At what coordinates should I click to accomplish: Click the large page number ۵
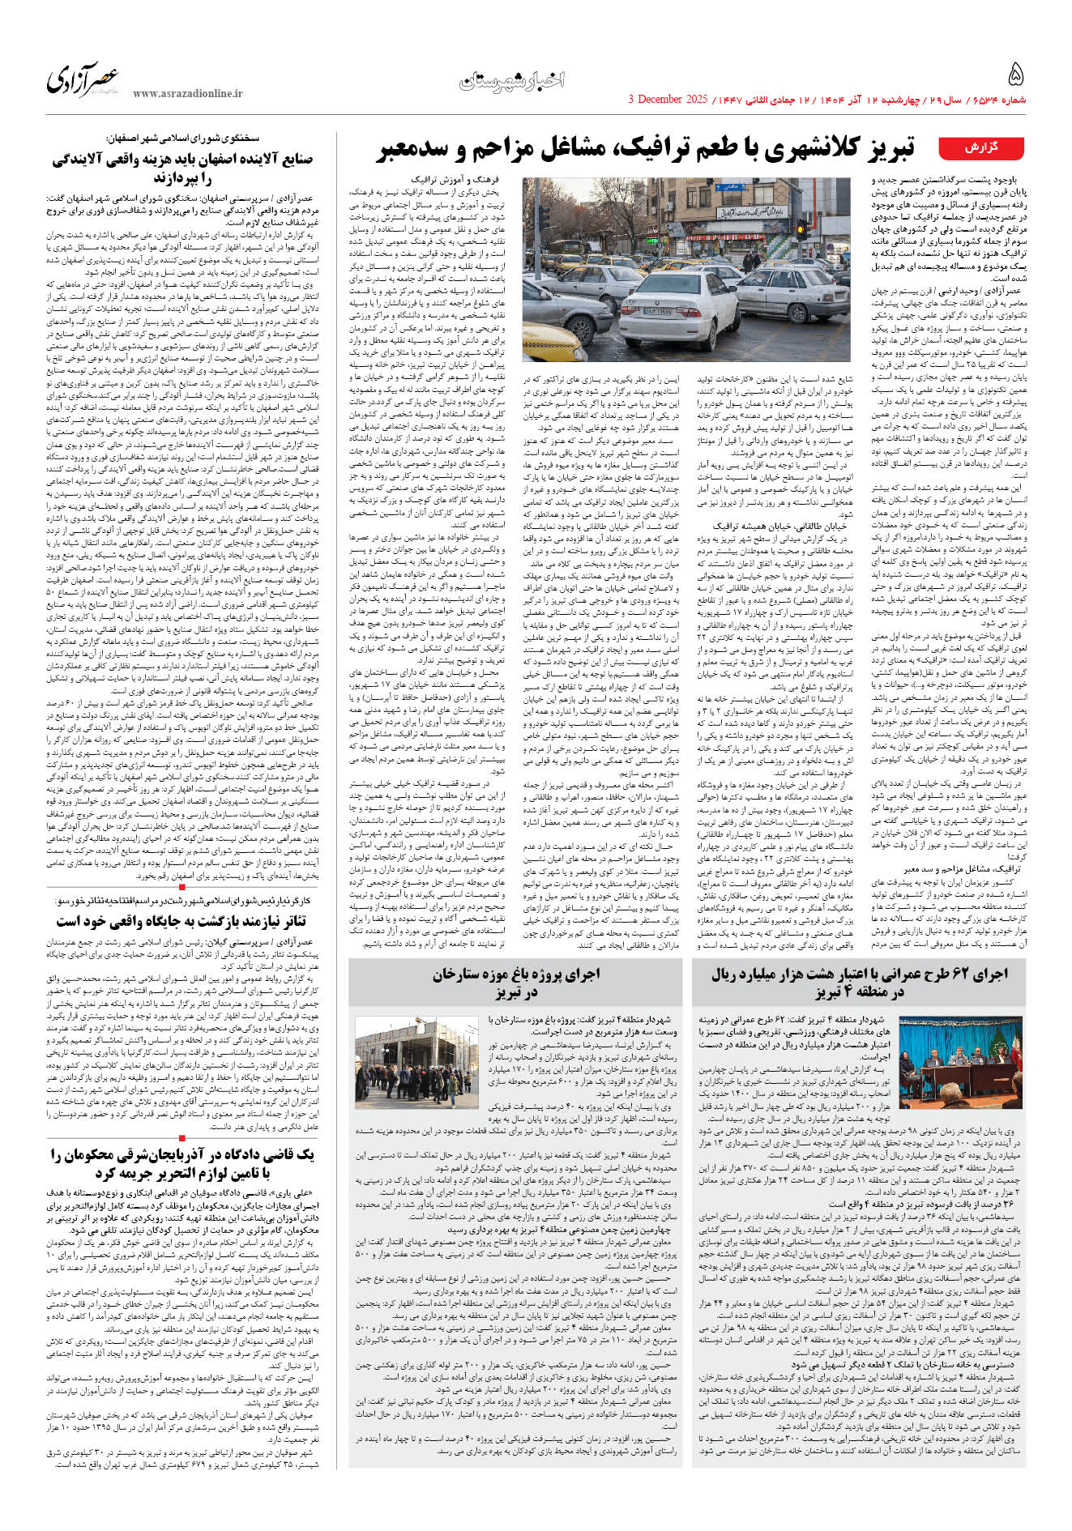point(1015,75)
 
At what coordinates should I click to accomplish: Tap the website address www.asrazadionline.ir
point(187,94)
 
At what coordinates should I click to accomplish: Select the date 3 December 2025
point(668,100)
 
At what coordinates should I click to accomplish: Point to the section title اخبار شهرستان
point(511,80)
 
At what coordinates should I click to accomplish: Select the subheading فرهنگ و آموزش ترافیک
point(465,179)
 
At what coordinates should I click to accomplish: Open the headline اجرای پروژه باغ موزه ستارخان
point(515,982)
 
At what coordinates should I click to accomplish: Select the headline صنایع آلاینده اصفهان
point(182,168)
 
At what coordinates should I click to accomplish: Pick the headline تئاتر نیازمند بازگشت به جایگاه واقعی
point(182,921)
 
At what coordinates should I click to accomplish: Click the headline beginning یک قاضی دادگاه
point(182,1163)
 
